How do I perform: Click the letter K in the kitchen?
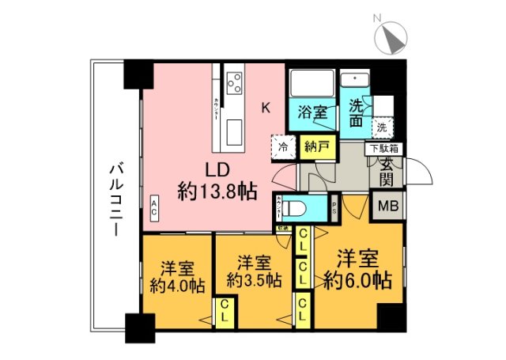point(266,108)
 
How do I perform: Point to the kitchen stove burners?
point(235,82)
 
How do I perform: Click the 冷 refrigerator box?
point(282,146)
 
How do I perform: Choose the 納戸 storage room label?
point(318,146)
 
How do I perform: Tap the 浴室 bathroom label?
point(312,113)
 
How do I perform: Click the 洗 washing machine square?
point(382,127)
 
